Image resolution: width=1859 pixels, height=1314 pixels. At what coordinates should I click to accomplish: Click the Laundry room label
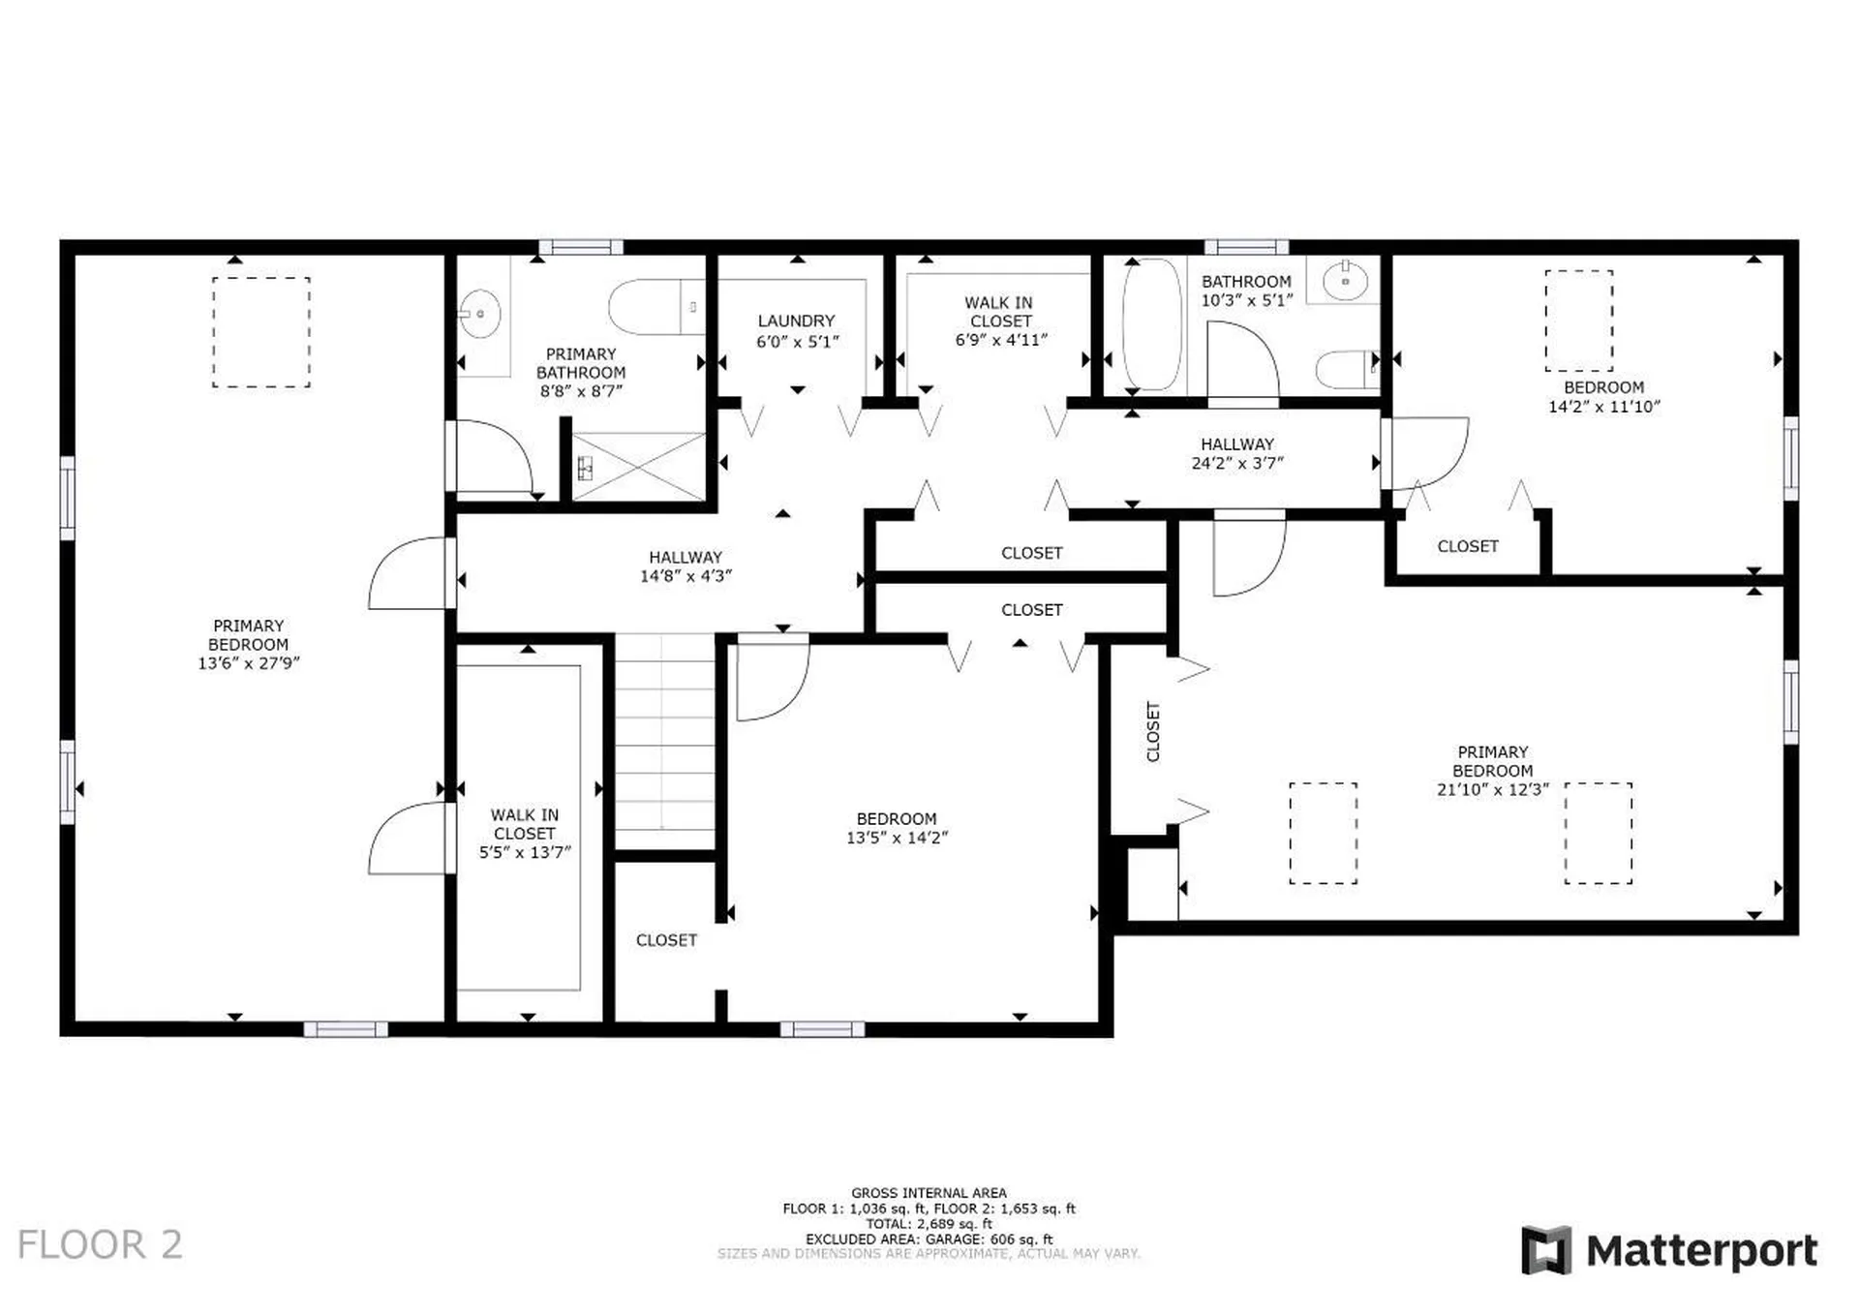coord(796,321)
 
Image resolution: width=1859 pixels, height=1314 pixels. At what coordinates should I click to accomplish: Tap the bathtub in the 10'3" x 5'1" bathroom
coord(1151,323)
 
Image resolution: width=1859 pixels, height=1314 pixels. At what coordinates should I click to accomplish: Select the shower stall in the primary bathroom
coord(639,467)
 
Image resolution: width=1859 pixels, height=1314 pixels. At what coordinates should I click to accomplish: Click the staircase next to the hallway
coord(665,742)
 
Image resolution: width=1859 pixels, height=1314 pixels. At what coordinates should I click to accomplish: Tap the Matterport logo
coord(1669,1250)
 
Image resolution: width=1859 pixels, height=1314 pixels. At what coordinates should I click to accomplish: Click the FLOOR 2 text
coord(100,1244)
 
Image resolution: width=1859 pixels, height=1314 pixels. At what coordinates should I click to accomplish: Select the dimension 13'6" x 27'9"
coord(249,663)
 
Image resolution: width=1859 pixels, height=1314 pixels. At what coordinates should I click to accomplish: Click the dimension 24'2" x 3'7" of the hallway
coord(1237,463)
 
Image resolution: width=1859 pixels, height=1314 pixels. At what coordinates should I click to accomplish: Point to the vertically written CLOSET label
coord(1153,731)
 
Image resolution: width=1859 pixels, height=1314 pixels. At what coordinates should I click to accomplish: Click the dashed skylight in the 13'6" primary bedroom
coord(261,332)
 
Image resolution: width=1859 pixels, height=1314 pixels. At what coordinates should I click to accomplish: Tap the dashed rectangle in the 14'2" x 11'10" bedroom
coord(1578,320)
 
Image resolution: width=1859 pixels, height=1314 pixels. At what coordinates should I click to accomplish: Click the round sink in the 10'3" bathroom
coord(1345,281)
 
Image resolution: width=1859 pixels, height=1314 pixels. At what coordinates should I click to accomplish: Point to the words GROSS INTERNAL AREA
coord(929,1193)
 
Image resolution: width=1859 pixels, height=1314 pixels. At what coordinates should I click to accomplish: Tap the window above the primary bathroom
coord(581,248)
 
